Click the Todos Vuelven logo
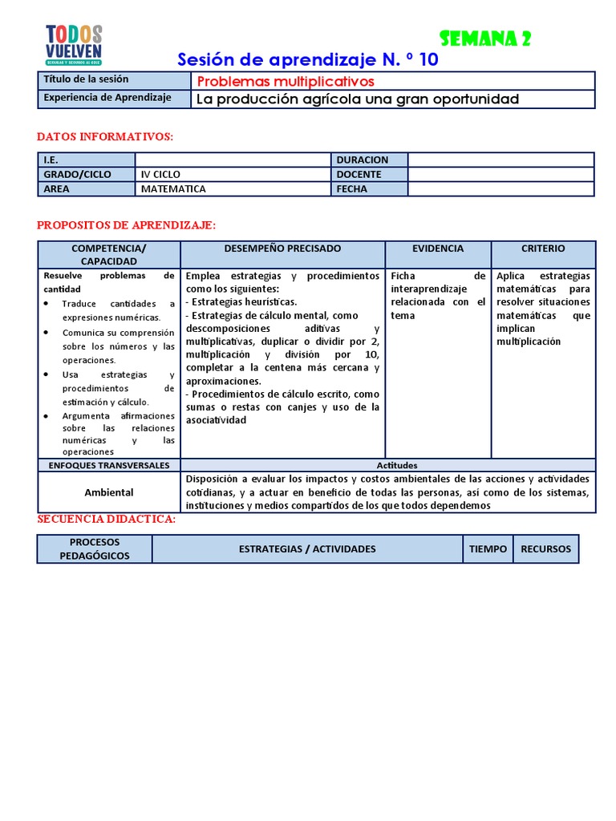[74, 45]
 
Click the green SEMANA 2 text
[485, 38]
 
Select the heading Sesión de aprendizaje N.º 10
[307, 59]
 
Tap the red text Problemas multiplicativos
[286, 81]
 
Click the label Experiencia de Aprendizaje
[108, 98]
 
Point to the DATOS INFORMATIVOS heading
[105, 137]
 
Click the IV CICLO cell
[160, 174]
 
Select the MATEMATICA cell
[173, 189]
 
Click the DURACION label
[363, 160]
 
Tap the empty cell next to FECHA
[500, 189]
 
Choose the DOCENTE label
[359, 174]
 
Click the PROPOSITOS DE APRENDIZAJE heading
[127, 226]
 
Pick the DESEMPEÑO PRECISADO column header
[282, 249]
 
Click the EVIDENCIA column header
[438, 249]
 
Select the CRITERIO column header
[543, 249]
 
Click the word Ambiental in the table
[109, 491]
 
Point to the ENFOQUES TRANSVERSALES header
[109, 465]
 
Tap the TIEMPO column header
[488, 549]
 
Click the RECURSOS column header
[545, 549]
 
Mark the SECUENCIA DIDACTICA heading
[107, 520]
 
